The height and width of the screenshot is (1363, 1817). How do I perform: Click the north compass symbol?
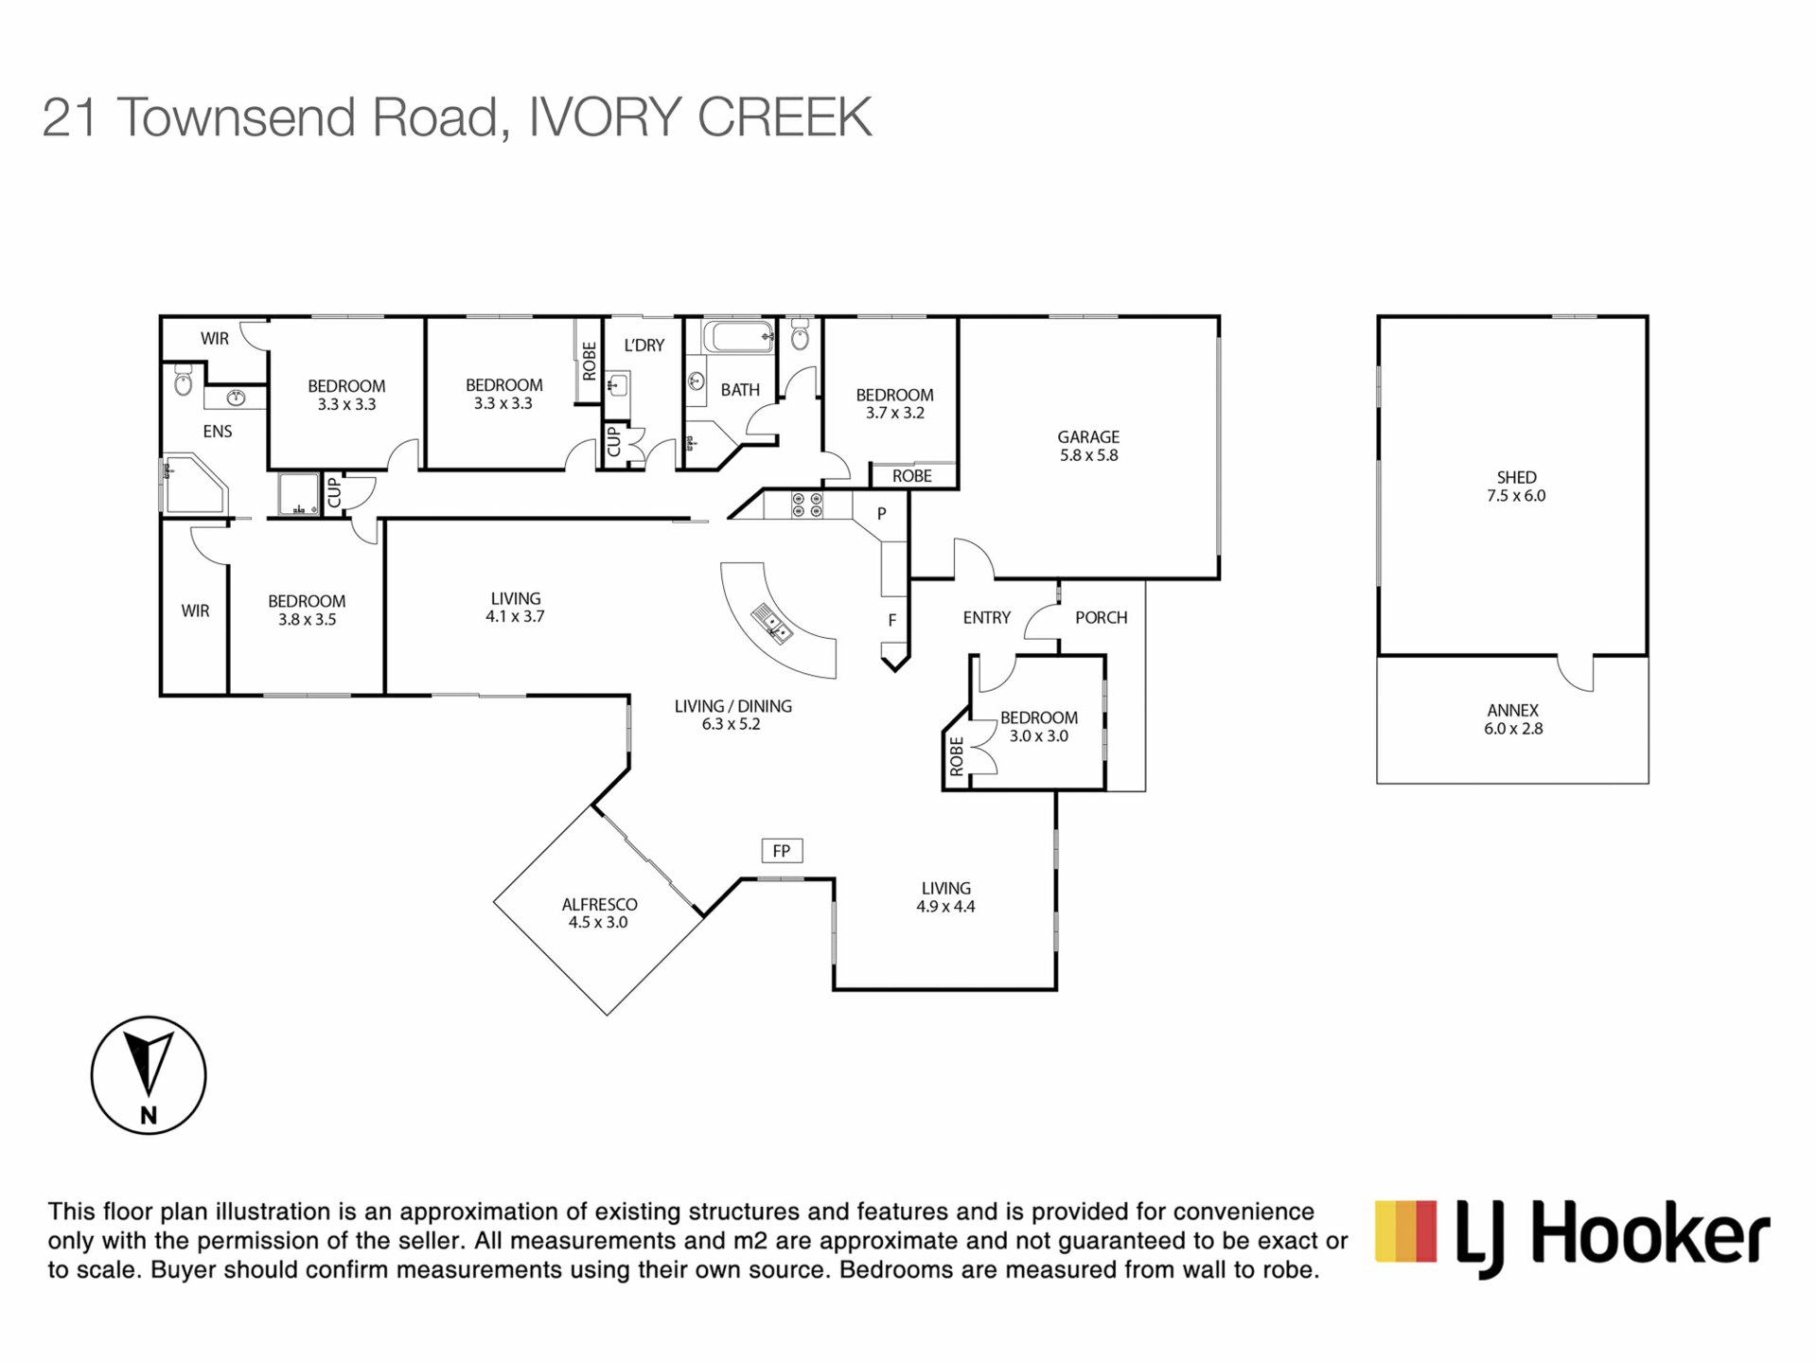coord(149,1075)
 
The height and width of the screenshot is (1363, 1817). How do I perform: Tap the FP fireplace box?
coord(782,851)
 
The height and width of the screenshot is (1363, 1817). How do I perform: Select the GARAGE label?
coord(1088,437)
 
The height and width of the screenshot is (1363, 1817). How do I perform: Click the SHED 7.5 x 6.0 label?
coord(1516,487)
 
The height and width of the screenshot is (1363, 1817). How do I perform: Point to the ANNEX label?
coord(1513,710)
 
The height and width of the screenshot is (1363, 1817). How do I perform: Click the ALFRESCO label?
coord(599,904)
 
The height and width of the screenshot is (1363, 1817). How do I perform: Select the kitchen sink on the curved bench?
coord(772,625)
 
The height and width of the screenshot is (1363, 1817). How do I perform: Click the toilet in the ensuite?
coord(184,382)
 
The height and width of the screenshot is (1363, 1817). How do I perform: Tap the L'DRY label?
coord(644,345)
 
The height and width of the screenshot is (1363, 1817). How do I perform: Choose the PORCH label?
coord(1102,618)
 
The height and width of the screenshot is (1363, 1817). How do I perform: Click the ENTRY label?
coord(987,618)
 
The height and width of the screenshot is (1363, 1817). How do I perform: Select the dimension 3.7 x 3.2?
coord(895,413)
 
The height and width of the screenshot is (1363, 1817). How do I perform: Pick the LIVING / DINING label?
coord(733,706)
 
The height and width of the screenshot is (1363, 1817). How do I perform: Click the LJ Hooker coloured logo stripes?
coord(1405,1231)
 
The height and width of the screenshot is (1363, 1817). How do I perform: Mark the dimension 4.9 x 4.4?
coord(945,906)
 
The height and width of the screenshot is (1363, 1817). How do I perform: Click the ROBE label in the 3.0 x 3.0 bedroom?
coord(957,756)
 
